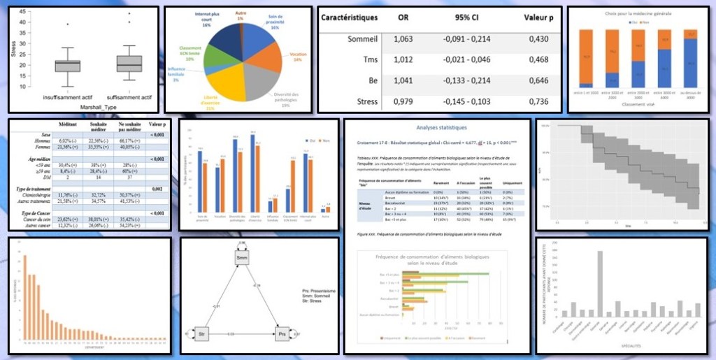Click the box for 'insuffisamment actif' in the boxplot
(67, 66)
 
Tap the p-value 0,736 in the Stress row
(536, 101)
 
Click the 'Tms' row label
(368, 61)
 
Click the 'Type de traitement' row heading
(43, 189)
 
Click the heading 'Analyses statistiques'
(437, 128)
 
